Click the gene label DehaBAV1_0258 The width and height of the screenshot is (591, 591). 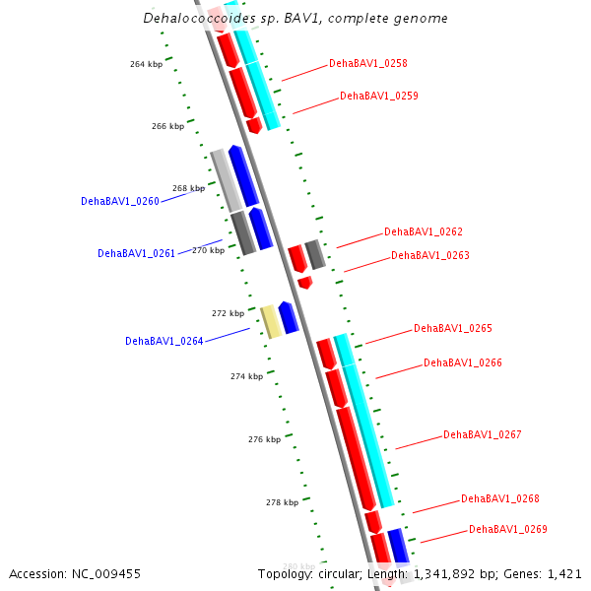point(368,63)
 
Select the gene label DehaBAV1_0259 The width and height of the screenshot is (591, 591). point(379,97)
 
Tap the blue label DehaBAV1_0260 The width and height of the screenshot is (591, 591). point(120,201)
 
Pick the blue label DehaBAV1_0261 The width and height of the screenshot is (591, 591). point(137,253)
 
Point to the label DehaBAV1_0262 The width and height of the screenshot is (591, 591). point(424,232)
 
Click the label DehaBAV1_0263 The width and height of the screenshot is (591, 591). point(430,256)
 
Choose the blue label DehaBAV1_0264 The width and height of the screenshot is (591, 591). point(164,342)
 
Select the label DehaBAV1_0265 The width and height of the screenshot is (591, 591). point(453,329)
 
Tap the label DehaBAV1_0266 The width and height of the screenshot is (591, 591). point(463,362)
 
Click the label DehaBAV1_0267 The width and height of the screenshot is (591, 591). point(483,434)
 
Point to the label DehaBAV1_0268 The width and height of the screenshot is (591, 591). point(500,498)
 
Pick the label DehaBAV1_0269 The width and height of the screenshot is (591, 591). point(508,530)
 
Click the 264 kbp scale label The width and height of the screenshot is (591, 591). point(146,64)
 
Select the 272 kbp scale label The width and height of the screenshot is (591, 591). point(228,313)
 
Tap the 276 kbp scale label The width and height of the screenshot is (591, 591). point(264,439)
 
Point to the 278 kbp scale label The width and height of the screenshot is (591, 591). point(282,502)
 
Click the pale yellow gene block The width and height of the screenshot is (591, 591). point(271,321)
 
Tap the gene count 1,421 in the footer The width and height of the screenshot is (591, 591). point(562,573)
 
